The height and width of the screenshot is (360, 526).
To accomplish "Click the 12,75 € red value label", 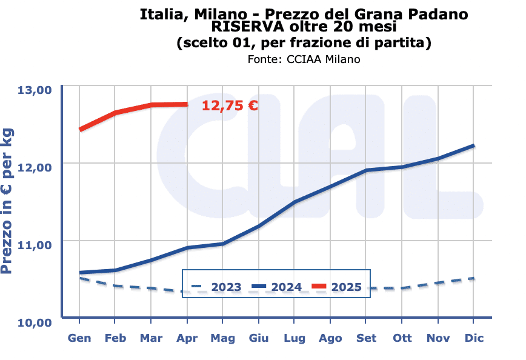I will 230,105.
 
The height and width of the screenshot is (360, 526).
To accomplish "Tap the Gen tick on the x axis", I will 79,338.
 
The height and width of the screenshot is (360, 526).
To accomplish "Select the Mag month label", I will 222,338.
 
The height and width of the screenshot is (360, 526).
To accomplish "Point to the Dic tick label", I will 474,338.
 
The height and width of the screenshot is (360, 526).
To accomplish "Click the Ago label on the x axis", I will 330,338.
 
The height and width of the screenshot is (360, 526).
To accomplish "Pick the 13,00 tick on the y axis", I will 36,90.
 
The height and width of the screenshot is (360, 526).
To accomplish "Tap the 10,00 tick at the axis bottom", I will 36,322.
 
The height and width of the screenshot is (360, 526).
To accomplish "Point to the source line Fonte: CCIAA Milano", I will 304,59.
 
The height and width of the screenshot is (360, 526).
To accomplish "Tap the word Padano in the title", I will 437,13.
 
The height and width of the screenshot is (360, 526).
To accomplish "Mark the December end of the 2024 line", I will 473,145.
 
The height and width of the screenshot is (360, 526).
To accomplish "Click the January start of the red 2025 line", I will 80,129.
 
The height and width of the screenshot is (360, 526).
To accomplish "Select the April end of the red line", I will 187,104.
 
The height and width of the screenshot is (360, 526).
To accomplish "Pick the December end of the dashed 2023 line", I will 473,278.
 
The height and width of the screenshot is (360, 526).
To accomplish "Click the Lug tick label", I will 295,338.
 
